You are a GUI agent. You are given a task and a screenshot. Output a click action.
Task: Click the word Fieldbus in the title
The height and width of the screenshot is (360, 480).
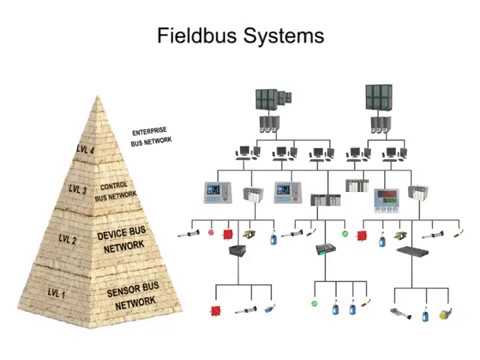point(197,37)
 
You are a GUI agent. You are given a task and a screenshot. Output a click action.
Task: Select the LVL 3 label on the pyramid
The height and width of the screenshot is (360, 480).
point(77,188)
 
